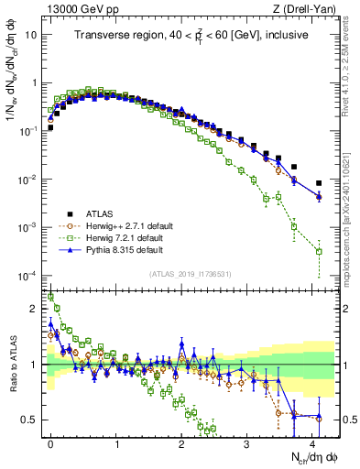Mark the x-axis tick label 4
[x=312, y=442]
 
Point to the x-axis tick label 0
[x=50, y=442]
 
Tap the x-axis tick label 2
[x=181, y=442]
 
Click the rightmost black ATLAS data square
[x=319, y=183]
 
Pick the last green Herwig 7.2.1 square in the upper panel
[x=319, y=251]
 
